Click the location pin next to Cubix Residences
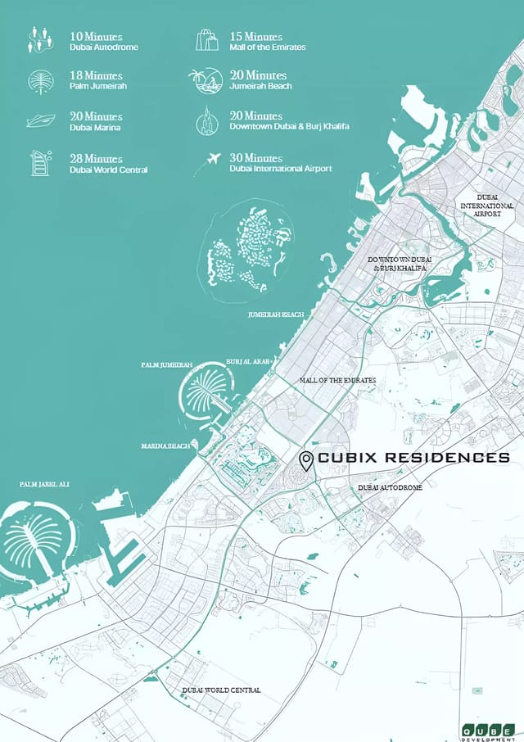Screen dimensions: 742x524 (x=306, y=461)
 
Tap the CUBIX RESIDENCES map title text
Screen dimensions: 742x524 (x=413, y=457)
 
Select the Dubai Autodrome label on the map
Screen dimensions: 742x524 (x=391, y=487)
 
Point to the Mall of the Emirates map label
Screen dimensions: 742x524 (x=338, y=381)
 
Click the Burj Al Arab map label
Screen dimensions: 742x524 (x=248, y=361)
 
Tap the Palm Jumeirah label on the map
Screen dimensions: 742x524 (x=167, y=364)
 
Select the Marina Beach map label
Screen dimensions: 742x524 (x=165, y=446)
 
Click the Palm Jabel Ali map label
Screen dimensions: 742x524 (x=44, y=484)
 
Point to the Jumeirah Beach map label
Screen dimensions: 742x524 (x=276, y=314)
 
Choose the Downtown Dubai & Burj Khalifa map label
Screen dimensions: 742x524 (x=400, y=264)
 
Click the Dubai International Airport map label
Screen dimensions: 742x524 (x=487, y=206)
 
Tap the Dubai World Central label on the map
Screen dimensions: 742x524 (x=221, y=690)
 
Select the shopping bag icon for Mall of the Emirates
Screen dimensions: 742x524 (x=207, y=40)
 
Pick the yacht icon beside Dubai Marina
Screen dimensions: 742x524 (x=40, y=120)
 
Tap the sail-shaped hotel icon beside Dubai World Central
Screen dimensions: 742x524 (x=40, y=162)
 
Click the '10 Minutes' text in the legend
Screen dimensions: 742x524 (x=96, y=36)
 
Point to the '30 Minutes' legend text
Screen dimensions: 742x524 (x=256, y=157)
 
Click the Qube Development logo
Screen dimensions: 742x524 (x=488, y=730)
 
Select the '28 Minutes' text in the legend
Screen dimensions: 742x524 (x=96, y=158)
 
